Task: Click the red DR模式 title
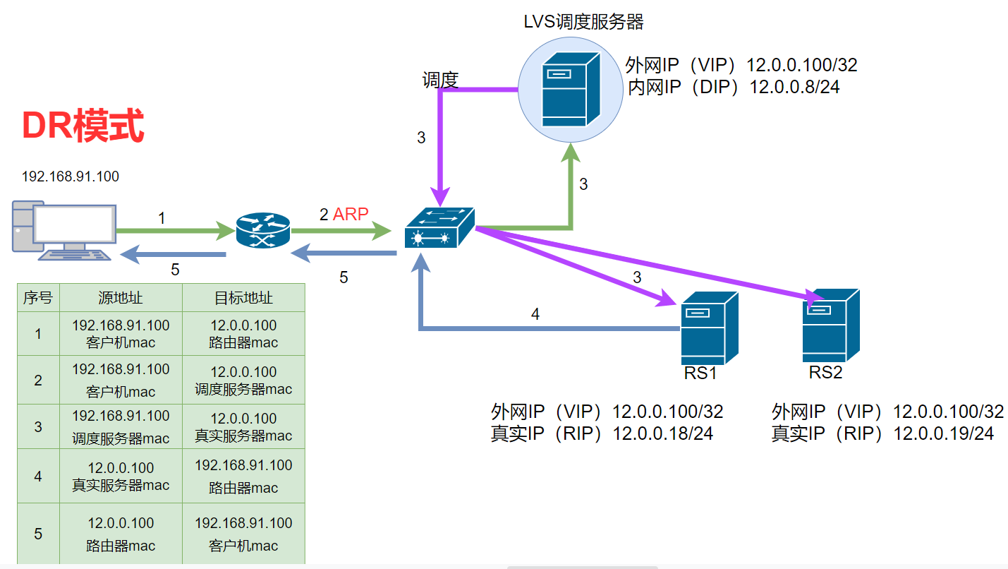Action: pos(83,126)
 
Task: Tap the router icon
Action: pos(262,230)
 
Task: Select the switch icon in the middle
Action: pos(439,227)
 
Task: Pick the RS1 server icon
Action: pos(708,327)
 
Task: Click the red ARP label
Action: pos(351,214)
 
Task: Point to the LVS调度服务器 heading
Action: pos(583,22)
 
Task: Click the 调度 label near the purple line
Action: pos(440,80)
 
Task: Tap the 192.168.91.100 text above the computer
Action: pos(71,176)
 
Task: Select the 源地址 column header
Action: pos(121,298)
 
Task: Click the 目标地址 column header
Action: pos(243,298)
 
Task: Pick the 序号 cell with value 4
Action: pos(38,477)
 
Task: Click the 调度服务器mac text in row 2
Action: pos(243,389)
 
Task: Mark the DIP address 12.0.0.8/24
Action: pos(794,87)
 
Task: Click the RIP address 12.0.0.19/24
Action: pos(943,433)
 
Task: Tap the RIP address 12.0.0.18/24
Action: pos(662,433)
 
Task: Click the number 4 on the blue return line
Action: pos(535,314)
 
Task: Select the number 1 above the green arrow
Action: pos(162,219)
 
